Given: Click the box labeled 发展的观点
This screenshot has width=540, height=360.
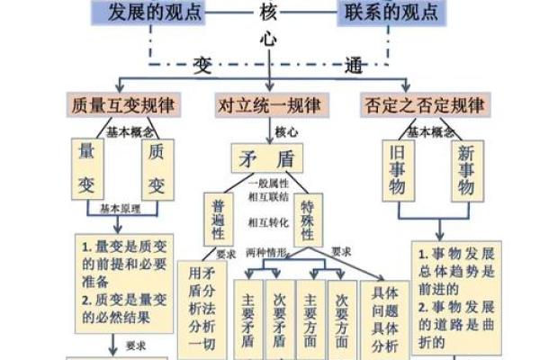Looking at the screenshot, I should point(155,13).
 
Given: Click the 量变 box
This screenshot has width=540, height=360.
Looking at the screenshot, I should point(87,168).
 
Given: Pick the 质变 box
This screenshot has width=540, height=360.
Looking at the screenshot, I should point(157,168).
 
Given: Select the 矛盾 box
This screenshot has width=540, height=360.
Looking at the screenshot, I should point(267,158).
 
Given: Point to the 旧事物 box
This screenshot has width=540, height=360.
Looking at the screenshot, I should point(396,168).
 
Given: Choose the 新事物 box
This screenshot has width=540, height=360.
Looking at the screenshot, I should point(465,168).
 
